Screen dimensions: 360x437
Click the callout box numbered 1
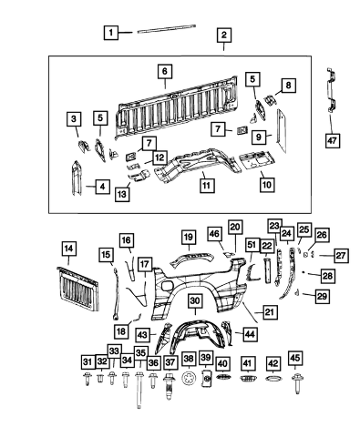pyautogui.click(x=111, y=32)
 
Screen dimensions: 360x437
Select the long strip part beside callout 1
pyautogui.click(x=167, y=28)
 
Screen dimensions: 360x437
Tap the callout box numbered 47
pyautogui.click(x=333, y=141)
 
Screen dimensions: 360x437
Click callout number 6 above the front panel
pyautogui.click(x=165, y=71)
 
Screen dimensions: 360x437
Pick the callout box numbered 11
pyautogui.click(x=207, y=185)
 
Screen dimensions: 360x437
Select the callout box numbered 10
pyautogui.click(x=267, y=184)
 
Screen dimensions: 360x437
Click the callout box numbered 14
pyautogui.click(x=68, y=249)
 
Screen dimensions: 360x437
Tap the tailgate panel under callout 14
pyautogui.click(x=77, y=290)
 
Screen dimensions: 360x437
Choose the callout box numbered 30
pyautogui.click(x=195, y=301)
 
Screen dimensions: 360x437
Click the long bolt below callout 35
pyautogui.click(x=139, y=391)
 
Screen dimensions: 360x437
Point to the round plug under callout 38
pyautogui.click(x=188, y=380)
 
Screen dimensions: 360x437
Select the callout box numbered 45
pyautogui.click(x=295, y=358)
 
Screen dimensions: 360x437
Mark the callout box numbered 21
pyautogui.click(x=270, y=312)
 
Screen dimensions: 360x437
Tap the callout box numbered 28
pyautogui.click(x=328, y=276)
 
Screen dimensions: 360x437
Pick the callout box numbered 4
pyautogui.click(x=103, y=187)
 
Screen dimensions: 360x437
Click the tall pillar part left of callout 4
pyautogui.click(x=77, y=178)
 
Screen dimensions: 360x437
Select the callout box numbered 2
pyautogui.click(x=224, y=36)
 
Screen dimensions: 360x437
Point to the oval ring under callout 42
pyautogui.click(x=273, y=379)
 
